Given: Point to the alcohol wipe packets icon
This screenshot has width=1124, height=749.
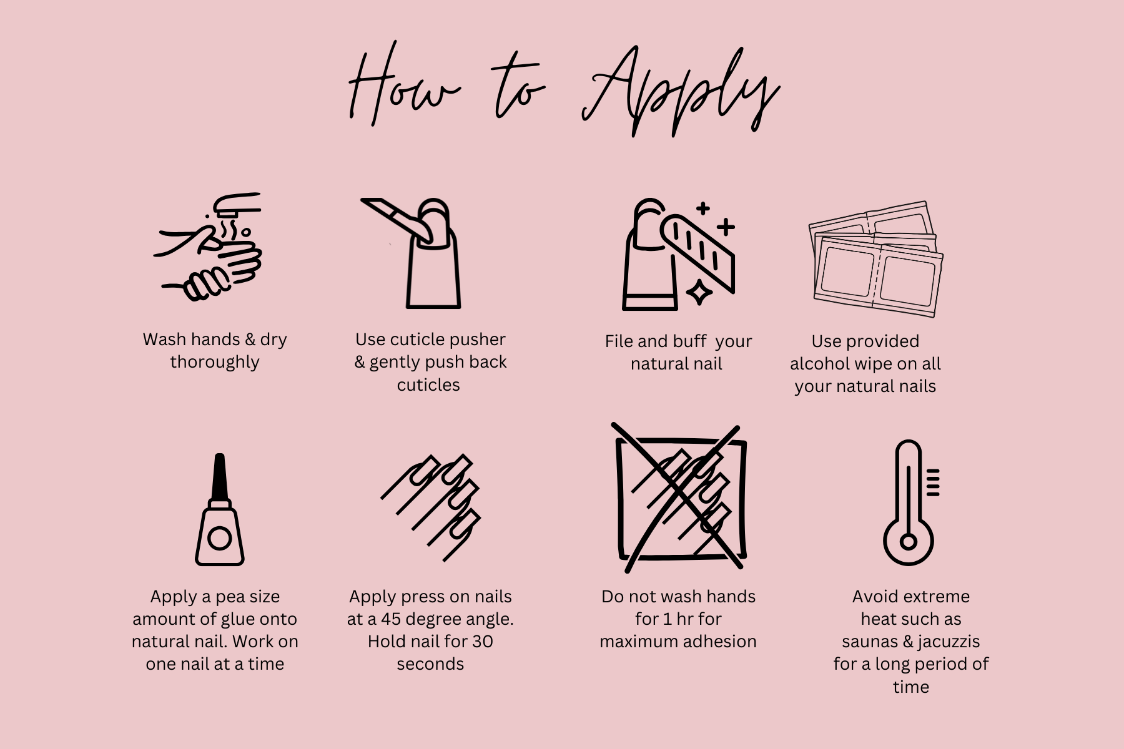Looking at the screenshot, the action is tap(875, 258).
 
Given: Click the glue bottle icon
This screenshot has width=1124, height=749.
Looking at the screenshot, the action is tap(219, 509).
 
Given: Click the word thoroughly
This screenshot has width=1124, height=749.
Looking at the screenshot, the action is tap(215, 363).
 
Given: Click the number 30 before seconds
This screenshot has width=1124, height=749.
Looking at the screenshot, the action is tap(482, 641).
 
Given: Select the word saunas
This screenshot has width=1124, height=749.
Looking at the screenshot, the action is tap(869, 642).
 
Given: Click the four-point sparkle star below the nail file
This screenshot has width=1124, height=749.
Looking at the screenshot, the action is tap(699, 292).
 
